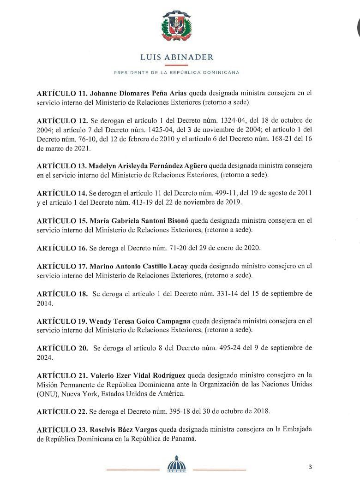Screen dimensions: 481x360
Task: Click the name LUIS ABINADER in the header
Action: click(x=176, y=57)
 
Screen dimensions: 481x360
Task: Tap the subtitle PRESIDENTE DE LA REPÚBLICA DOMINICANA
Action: click(x=176, y=72)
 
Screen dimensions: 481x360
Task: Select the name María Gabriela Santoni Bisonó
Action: click(x=139, y=220)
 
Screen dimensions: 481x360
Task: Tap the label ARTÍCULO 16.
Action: click(x=61, y=248)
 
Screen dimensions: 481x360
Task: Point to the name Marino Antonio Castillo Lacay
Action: click(x=139, y=266)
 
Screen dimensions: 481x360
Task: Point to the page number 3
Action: click(x=310, y=467)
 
